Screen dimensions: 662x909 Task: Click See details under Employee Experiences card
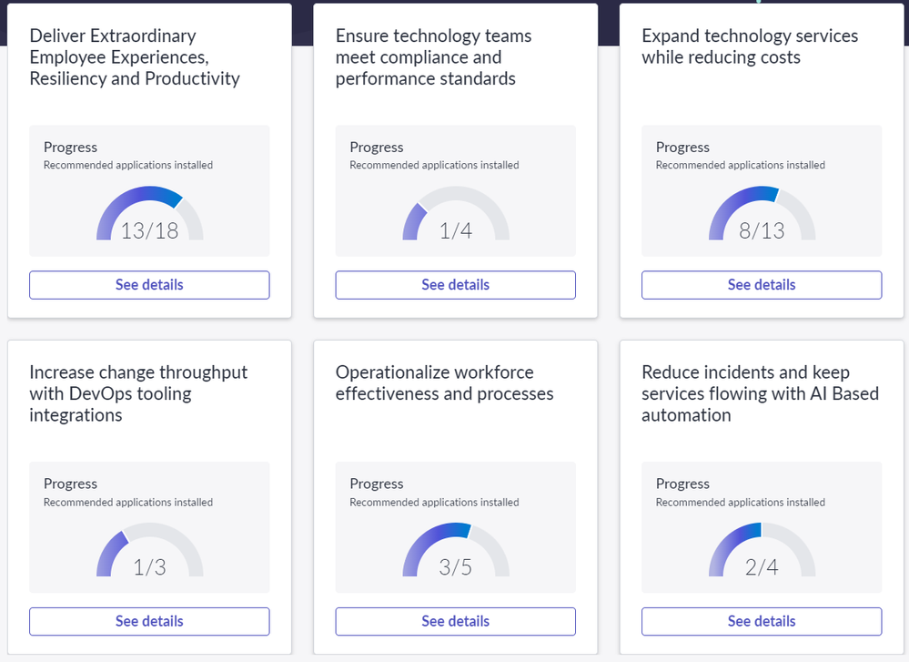[149, 285]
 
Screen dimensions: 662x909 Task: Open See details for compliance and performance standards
[455, 285]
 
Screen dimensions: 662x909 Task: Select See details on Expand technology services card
[762, 285]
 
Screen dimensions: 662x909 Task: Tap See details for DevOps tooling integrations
[149, 621]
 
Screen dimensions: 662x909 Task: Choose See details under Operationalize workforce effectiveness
[455, 621]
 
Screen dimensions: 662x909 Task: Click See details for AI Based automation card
[762, 621]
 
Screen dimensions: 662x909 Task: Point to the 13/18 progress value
[149, 230]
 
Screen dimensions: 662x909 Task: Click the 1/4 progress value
[455, 230]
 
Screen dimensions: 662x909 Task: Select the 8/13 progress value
[762, 230]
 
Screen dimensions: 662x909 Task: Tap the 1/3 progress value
[149, 567]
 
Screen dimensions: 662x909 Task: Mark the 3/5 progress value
[455, 567]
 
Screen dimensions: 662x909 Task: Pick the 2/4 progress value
[762, 567]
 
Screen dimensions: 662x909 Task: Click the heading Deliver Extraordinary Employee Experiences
[135, 56]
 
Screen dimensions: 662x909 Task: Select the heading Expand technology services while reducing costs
[749, 46]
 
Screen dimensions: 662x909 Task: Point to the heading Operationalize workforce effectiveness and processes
[444, 383]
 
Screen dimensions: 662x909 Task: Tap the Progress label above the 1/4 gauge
[376, 147]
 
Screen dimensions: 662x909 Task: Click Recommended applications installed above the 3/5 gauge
[434, 502]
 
